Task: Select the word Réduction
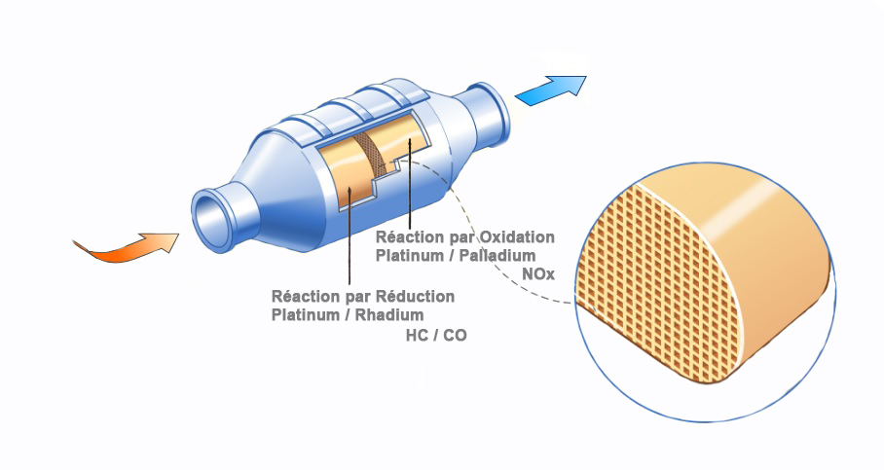tap(413, 296)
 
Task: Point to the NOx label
tap(537, 275)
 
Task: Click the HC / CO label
tap(434, 335)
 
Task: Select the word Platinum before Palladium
tap(412, 255)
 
